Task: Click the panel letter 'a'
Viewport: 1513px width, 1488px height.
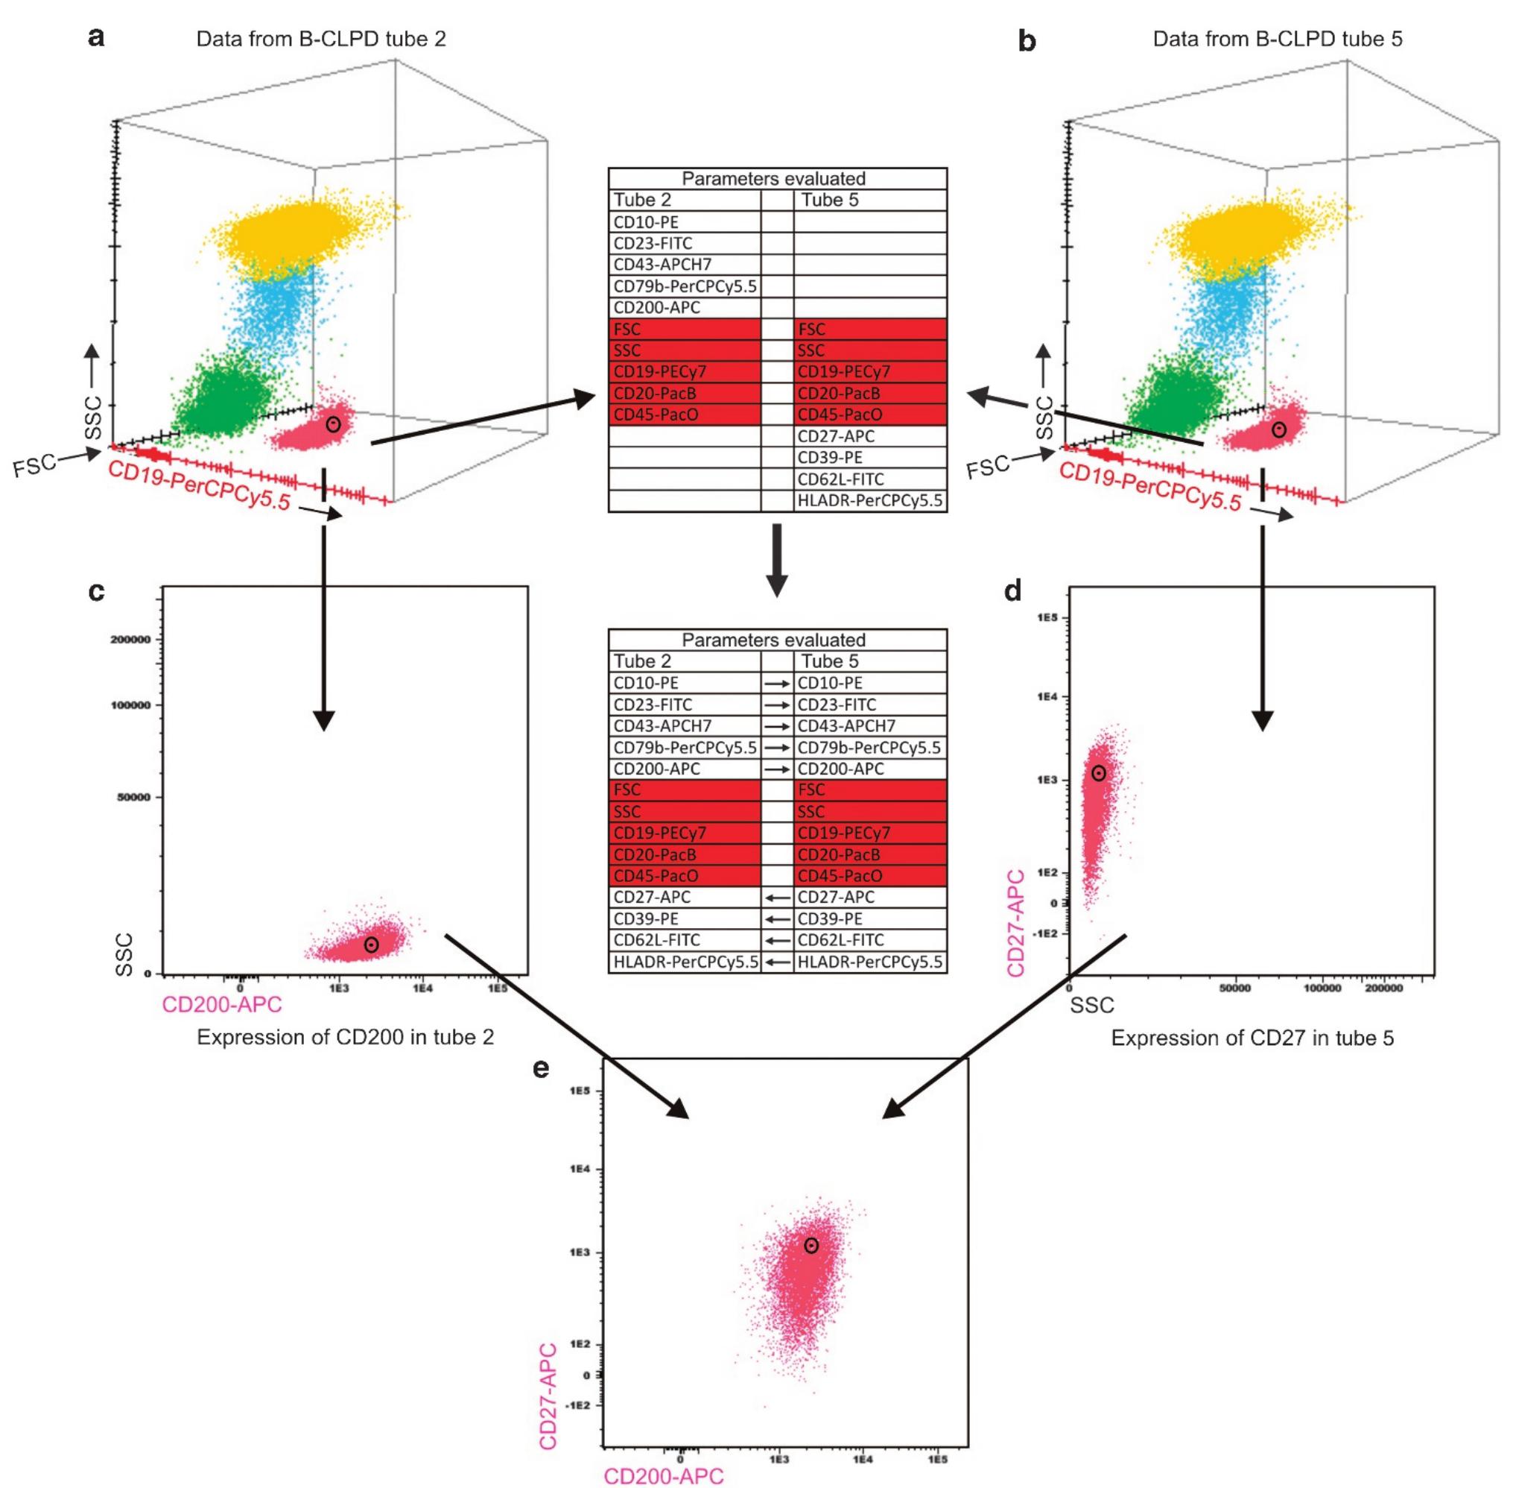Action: tap(97, 37)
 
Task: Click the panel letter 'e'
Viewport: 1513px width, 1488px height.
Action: tap(542, 1068)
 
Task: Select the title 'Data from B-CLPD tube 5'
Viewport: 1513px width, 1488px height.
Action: tap(1277, 39)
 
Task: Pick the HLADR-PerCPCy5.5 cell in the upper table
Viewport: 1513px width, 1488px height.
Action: tap(869, 501)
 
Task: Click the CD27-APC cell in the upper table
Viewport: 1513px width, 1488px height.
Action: tap(836, 436)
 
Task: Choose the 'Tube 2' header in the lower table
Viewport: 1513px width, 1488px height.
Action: tap(642, 661)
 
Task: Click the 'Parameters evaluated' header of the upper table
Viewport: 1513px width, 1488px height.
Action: tap(773, 178)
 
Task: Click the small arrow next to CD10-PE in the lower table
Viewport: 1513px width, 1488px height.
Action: tap(777, 684)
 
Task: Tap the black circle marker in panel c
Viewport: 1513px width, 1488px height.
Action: tap(372, 945)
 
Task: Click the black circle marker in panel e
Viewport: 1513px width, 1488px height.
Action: tap(811, 1246)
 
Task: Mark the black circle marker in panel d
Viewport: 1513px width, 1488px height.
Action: tap(1099, 773)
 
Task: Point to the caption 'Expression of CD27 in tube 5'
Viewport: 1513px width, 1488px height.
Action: tap(1252, 1038)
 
